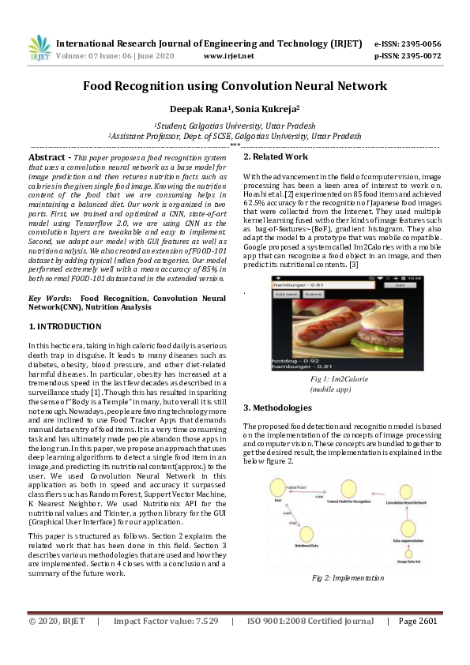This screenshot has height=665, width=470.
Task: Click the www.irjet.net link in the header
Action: coord(228,56)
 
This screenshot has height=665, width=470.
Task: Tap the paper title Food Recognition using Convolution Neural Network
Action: coord(235,85)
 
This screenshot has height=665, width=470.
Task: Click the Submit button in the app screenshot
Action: coord(315,293)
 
